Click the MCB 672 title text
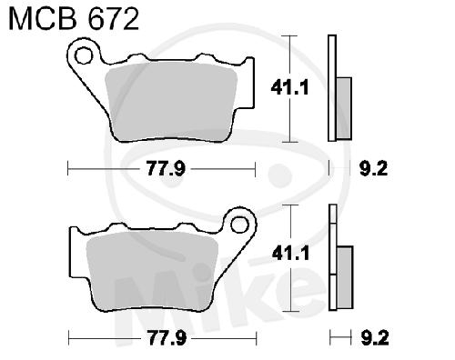coord(74,19)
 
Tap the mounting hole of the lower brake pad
coord(239,225)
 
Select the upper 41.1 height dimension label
coord(289,88)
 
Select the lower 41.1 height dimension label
coord(290,253)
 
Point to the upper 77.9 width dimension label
coord(166,168)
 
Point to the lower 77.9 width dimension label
coord(167,337)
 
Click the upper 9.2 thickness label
coord(374,168)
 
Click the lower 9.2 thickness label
coord(375,337)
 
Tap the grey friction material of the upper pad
coord(171,103)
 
